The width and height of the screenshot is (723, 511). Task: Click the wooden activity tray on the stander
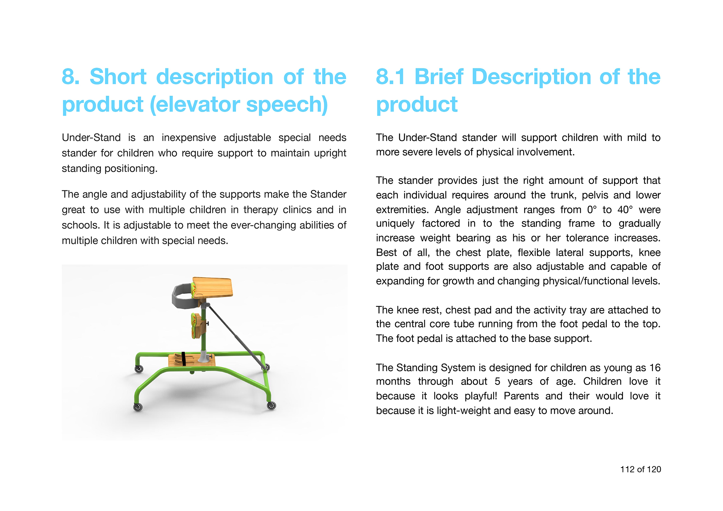pos(212,287)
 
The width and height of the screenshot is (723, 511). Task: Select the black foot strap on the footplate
pos(184,359)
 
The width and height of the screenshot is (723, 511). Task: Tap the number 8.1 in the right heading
pos(391,77)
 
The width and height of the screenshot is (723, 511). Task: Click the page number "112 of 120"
pos(641,469)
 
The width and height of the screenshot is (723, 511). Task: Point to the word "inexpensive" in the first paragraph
pos(189,138)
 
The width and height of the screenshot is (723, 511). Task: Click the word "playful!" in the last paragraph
pos(481,396)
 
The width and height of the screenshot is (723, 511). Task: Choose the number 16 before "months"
pos(655,368)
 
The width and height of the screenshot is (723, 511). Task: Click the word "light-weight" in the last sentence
pos(463,411)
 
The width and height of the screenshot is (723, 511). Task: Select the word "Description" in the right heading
pos(531,77)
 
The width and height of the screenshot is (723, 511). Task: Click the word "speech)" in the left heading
pos(287,104)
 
